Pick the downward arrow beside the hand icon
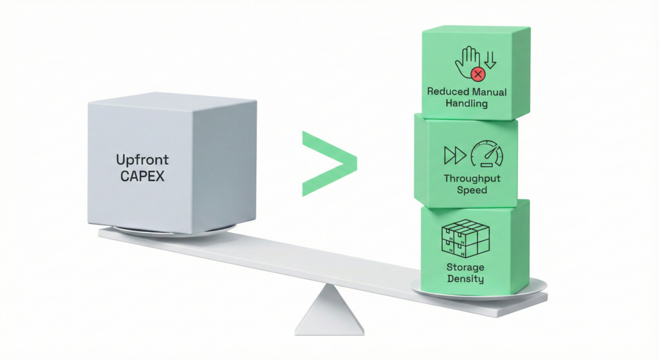tap(490, 60)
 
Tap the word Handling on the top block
tap(467, 103)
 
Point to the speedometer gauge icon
tap(487, 155)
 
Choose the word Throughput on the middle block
tap(472, 178)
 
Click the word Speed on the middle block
tap(472, 191)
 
